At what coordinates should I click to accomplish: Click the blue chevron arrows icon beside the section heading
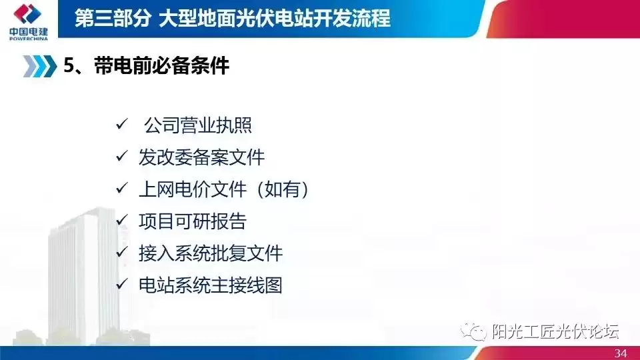[40, 66]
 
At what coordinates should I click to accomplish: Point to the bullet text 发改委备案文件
[201, 158]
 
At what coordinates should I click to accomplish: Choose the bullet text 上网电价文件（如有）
[224, 190]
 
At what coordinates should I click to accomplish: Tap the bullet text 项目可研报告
[192, 222]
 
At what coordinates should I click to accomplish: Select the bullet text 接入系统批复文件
[211, 253]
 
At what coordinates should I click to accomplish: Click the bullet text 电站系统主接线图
[211, 285]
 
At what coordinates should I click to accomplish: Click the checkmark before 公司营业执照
[121, 125]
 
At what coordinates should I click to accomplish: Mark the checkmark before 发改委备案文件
[121, 157]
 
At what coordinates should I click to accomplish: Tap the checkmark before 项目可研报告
[121, 221]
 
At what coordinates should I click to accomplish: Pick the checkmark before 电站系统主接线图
[121, 285]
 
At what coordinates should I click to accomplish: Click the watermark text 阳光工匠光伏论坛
[555, 331]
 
